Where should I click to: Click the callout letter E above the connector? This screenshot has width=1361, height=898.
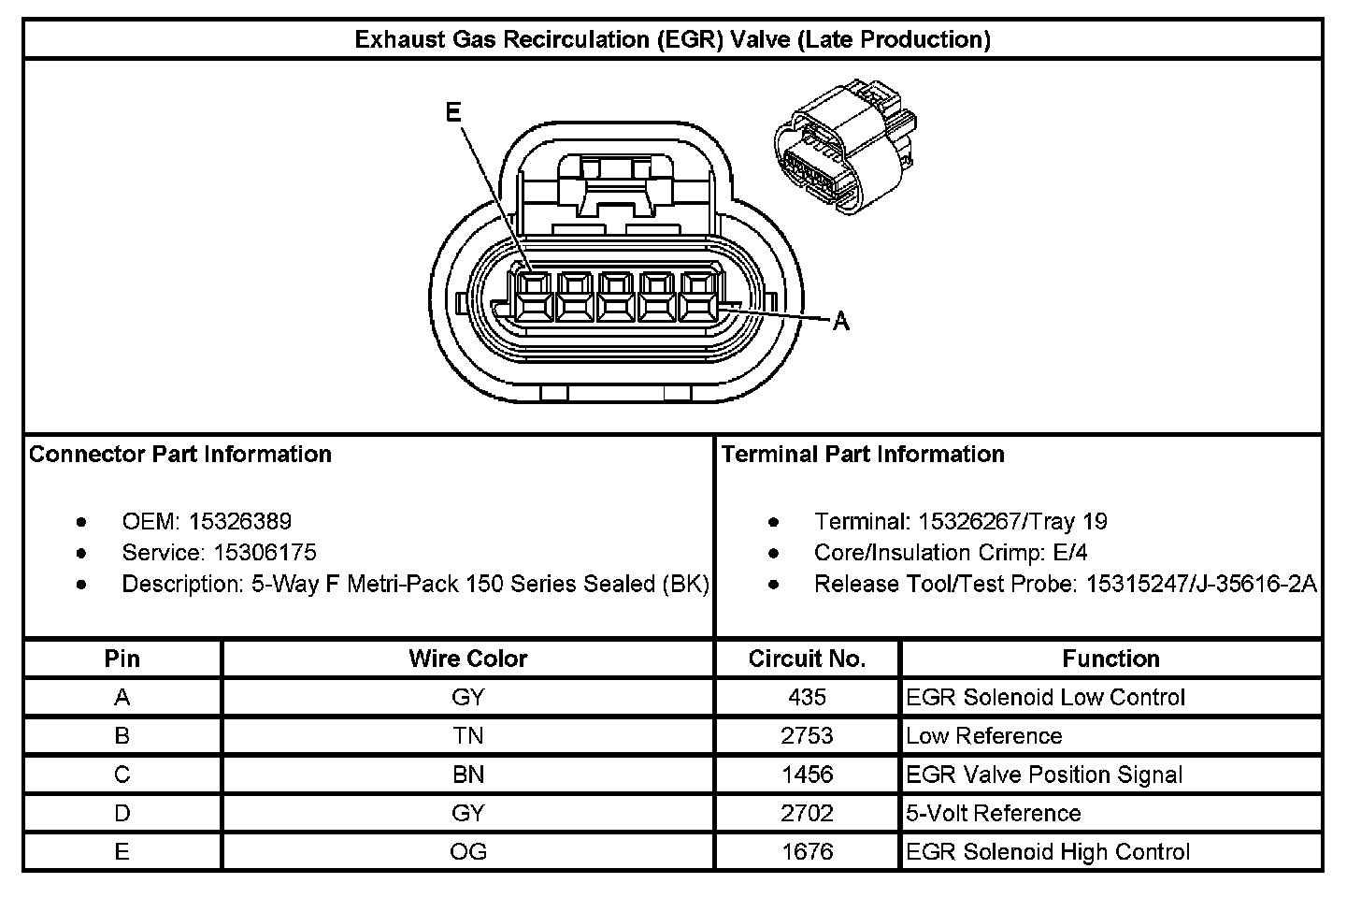point(453,113)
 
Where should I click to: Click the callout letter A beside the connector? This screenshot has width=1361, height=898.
point(841,322)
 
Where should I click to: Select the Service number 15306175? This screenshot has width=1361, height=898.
point(265,552)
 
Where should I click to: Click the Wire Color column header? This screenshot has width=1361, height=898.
point(467,659)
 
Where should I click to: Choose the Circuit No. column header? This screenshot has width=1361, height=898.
point(807,659)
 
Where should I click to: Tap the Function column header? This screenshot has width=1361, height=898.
point(1110,659)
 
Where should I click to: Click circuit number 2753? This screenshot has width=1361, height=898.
point(807,736)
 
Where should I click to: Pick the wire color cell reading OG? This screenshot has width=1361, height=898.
point(467,852)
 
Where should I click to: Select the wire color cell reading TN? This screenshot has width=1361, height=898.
point(467,736)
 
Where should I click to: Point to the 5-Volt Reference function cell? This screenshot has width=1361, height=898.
point(994,814)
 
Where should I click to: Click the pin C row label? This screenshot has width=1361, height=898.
point(122,775)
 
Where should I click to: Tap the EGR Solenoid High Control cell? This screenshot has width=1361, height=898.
point(1048,852)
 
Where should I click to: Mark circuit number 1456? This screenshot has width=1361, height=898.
point(807,775)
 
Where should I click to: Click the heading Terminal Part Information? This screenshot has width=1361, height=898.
point(863,455)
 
